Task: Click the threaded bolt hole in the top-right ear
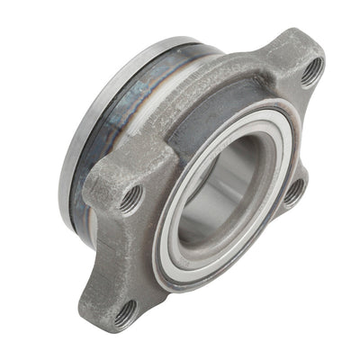[311, 70]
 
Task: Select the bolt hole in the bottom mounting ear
[125, 311]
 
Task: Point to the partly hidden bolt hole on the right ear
[293, 191]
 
